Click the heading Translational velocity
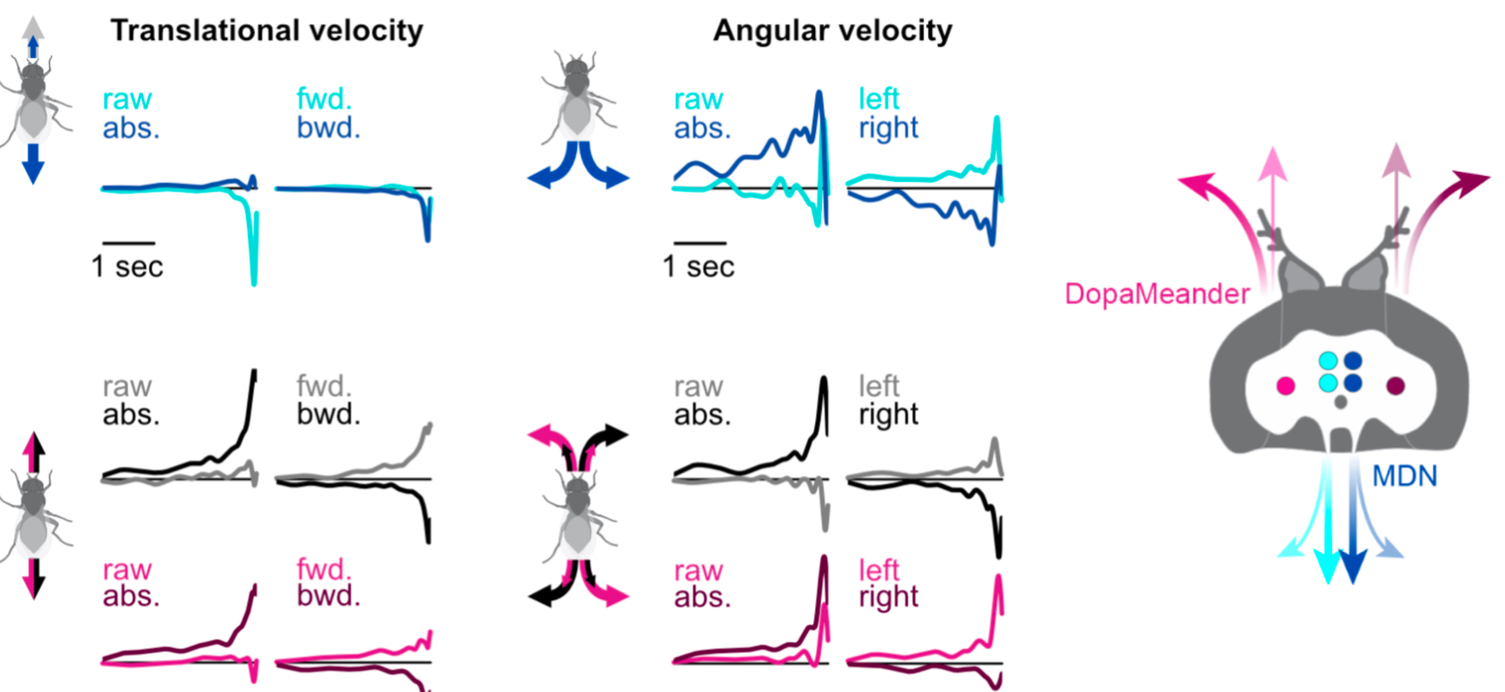[x=267, y=30]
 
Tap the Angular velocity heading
[x=832, y=30]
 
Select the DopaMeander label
[x=1156, y=293]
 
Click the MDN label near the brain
[x=1404, y=476]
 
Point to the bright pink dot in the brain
[x=1285, y=385]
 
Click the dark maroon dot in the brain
[x=1395, y=385]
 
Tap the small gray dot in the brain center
[x=1340, y=402]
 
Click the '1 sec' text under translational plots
[x=127, y=267]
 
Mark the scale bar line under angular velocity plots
[x=699, y=242]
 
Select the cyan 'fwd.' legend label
[x=324, y=99]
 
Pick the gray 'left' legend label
[x=878, y=386]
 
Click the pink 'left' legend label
[x=878, y=570]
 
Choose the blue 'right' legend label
[x=888, y=128]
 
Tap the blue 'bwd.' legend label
[x=328, y=128]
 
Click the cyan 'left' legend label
[x=878, y=99]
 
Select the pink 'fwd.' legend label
[x=324, y=570]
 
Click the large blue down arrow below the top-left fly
[x=33, y=162]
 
